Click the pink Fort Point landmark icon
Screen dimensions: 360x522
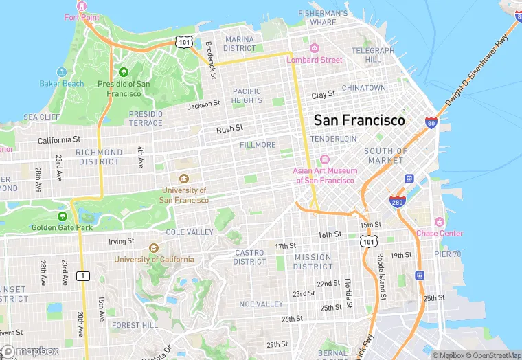point(82,5)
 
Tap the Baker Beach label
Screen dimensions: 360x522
point(61,84)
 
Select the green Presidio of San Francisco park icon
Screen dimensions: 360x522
point(124,71)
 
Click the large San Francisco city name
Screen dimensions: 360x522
point(359,120)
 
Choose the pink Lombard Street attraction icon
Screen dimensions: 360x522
point(315,48)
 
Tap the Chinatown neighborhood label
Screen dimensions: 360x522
point(364,88)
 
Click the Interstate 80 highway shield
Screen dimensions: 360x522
point(431,124)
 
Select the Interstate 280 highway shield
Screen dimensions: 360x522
point(398,201)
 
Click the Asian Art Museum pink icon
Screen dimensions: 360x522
point(326,160)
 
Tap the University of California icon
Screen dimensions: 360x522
point(153,248)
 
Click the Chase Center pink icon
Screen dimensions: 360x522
point(440,222)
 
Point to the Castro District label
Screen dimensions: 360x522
point(249,257)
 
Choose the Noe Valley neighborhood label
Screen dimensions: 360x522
point(261,304)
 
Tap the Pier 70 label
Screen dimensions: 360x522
point(447,254)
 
